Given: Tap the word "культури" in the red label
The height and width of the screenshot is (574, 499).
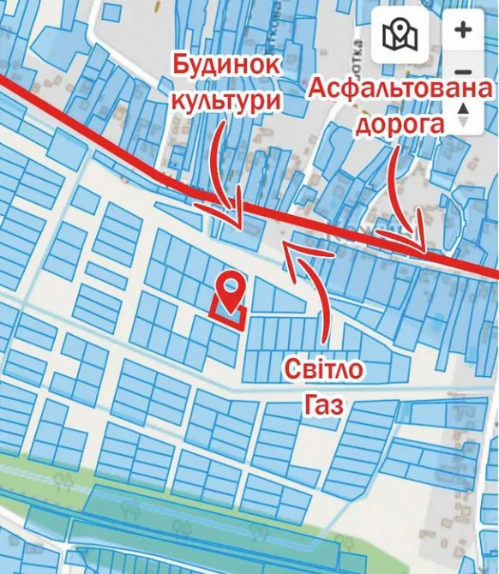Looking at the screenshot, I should (x=226, y=99).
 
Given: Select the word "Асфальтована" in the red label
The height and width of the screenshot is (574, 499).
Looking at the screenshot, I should (x=400, y=88).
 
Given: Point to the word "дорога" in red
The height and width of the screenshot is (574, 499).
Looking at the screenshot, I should (x=400, y=123).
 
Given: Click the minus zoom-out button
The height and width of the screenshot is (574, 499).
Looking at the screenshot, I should (x=463, y=73).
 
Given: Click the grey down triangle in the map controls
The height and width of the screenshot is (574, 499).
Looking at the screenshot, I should (x=464, y=123).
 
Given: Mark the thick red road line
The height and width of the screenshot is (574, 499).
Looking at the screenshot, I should (x=129, y=154).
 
